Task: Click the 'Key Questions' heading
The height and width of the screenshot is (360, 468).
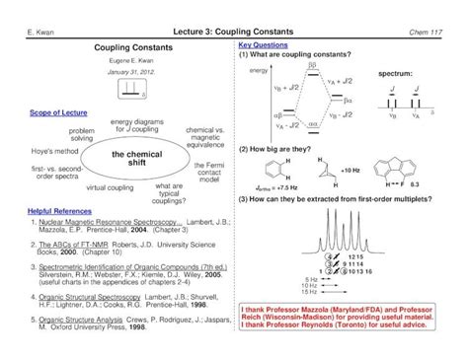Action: click(262, 45)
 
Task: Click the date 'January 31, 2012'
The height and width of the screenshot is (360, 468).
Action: click(131, 72)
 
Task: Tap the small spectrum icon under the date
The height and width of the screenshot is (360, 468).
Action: click(131, 90)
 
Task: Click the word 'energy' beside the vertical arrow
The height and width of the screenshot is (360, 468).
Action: click(259, 72)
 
